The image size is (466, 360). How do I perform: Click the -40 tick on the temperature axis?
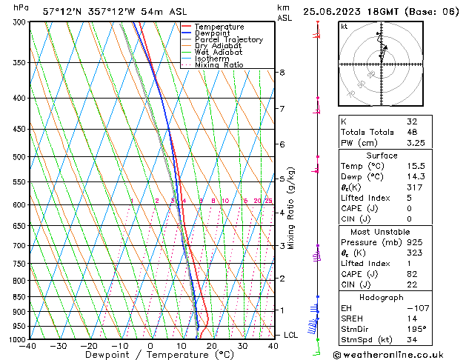tap(28, 346)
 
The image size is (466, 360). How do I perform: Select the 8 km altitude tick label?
tap(282, 73)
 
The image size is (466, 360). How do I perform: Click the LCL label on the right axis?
tap(291, 335)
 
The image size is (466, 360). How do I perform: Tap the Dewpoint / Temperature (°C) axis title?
tap(150, 356)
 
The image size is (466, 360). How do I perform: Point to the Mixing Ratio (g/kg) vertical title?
tap(292, 208)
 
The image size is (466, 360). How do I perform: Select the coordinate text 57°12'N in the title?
tap(62, 12)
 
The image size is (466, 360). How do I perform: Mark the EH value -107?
tap(415, 307)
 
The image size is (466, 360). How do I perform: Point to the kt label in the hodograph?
tap(344, 26)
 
